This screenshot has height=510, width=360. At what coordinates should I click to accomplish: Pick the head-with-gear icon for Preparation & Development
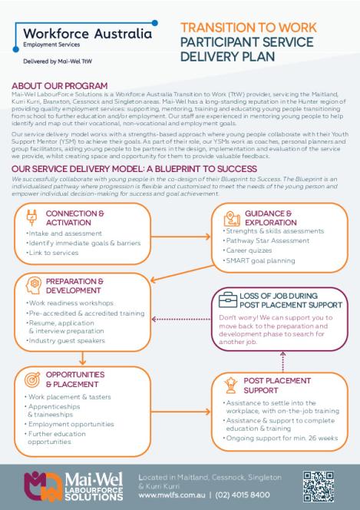coord(31,285)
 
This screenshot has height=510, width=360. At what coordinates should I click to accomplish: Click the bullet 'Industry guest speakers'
coord(62,340)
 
